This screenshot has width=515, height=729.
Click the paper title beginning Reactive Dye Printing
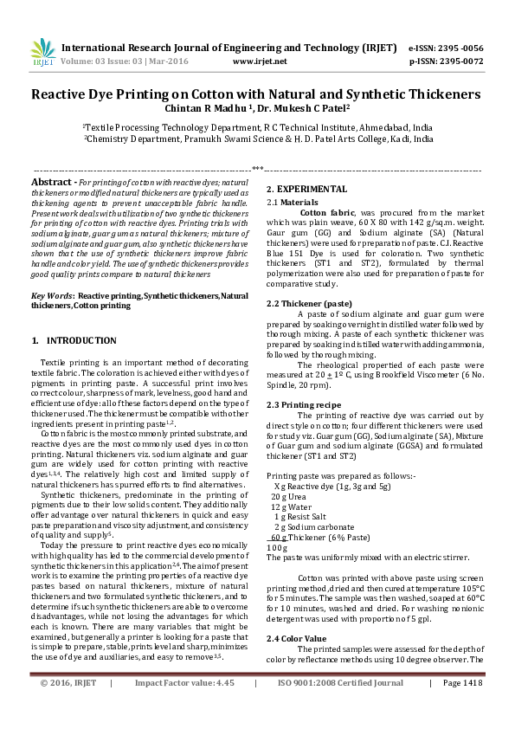[x=256, y=94]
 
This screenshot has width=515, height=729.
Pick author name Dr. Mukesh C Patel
[x=286, y=108]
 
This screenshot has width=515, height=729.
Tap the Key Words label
[x=52, y=296]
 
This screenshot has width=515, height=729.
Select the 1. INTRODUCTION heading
[x=74, y=341]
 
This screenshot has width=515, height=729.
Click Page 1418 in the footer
[x=461, y=707]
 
